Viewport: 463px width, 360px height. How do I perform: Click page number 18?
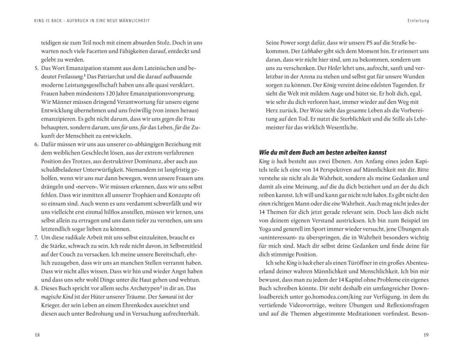point(22,335)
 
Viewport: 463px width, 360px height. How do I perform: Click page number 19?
point(441,335)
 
